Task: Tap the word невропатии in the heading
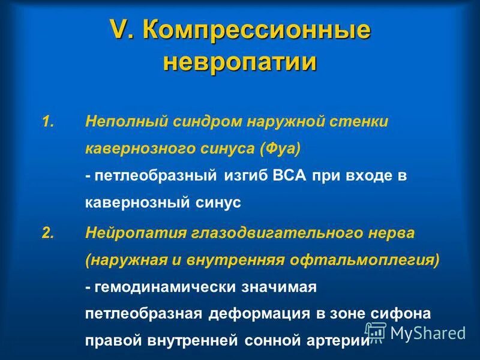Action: (x=239, y=62)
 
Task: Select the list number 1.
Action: (x=49, y=122)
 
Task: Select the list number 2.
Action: (x=49, y=232)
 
